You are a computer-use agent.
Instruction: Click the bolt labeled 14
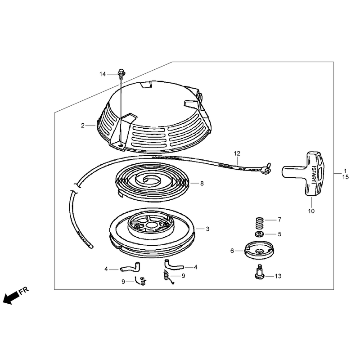[121, 74]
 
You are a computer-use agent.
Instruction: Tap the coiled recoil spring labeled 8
[152, 182]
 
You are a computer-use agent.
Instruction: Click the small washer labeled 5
[260, 234]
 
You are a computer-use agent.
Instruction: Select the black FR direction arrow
[11, 297]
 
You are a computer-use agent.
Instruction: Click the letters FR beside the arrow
[24, 290]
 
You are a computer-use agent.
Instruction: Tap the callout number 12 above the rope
[237, 153]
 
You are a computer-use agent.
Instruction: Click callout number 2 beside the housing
[83, 126]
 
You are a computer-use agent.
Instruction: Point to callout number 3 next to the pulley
[208, 229]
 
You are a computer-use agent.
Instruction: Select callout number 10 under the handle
[311, 211]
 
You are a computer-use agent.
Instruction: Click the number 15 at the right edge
[345, 177]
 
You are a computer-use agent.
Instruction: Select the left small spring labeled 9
[140, 280]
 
